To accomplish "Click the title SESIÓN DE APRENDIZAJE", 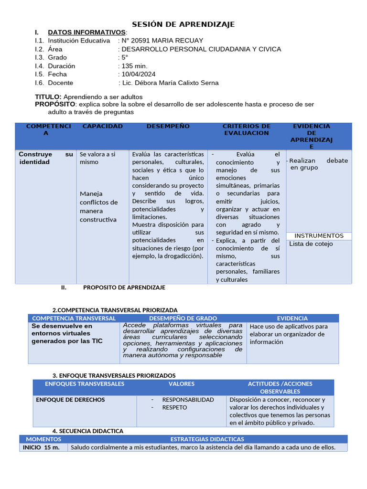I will (x=183, y=24).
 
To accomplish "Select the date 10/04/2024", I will (x=139, y=74).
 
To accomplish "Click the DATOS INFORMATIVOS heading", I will (x=86, y=32).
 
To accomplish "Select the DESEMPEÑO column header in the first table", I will (x=168, y=126).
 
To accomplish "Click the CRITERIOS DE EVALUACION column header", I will (x=247, y=129).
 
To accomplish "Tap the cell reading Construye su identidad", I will (x=46, y=158).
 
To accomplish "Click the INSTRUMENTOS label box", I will (x=319, y=236).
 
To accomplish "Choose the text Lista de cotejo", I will (x=311, y=244).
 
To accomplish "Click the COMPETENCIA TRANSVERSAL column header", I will (x=74, y=318).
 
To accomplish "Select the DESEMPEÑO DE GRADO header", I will (x=183, y=318).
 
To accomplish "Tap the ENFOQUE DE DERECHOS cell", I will (x=70, y=400).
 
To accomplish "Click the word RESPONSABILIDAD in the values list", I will (x=188, y=400).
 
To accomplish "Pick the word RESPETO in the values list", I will (x=174, y=407).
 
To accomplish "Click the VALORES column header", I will (x=182, y=384).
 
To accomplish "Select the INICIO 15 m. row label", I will (x=41, y=447).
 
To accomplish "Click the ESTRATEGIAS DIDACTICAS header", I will (x=207, y=439).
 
